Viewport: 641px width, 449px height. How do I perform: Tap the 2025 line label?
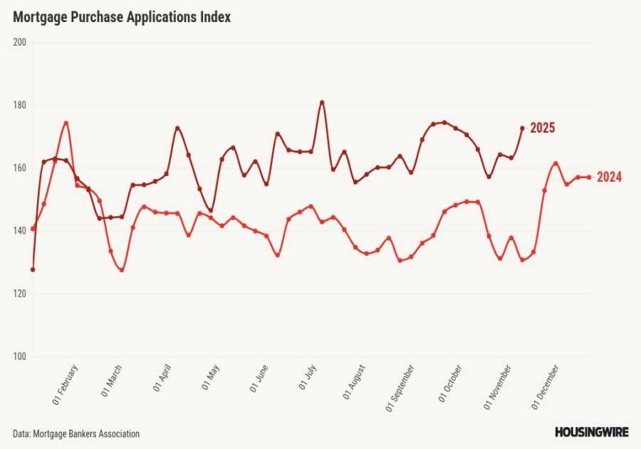coord(542,128)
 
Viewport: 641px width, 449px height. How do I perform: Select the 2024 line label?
coord(609,177)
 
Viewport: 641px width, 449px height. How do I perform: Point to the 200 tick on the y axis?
coord(19,42)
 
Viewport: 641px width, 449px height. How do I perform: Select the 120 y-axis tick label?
coord(19,294)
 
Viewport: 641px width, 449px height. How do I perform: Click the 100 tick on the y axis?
coord(19,356)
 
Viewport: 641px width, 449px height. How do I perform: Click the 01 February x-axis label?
coord(66,385)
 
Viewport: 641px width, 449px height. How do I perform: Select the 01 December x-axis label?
coord(546,386)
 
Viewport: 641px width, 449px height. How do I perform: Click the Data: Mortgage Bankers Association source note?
coord(76,433)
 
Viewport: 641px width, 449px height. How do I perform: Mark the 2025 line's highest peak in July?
coord(322,102)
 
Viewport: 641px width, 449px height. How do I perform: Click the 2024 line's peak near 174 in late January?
coord(66,123)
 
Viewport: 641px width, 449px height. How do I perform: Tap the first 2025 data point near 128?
coord(33,269)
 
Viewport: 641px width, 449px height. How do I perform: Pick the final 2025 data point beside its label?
coord(522,128)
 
